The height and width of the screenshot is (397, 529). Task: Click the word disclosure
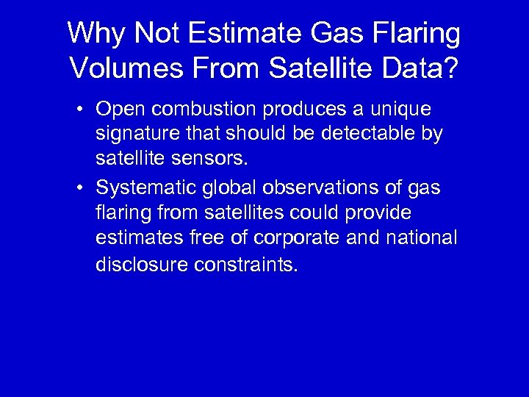click(x=142, y=265)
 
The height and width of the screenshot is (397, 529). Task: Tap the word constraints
click(x=247, y=265)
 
